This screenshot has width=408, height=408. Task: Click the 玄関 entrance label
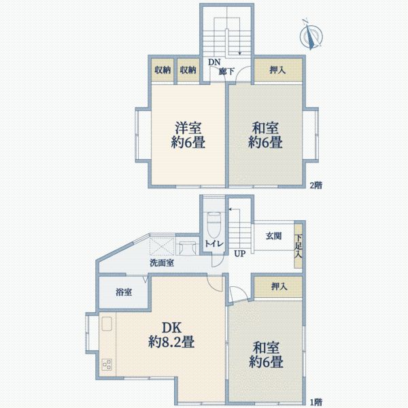coord(273,236)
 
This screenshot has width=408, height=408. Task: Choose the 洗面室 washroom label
coord(162,262)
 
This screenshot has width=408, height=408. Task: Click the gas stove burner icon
coord(107,364)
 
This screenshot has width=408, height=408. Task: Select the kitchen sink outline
coord(107,325)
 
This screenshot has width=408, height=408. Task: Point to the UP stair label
coord(240,254)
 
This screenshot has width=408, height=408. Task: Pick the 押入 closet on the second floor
coord(277,69)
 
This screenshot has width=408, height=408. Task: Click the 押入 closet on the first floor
coord(279,287)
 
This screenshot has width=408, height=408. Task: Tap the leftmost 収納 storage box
coord(162,69)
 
